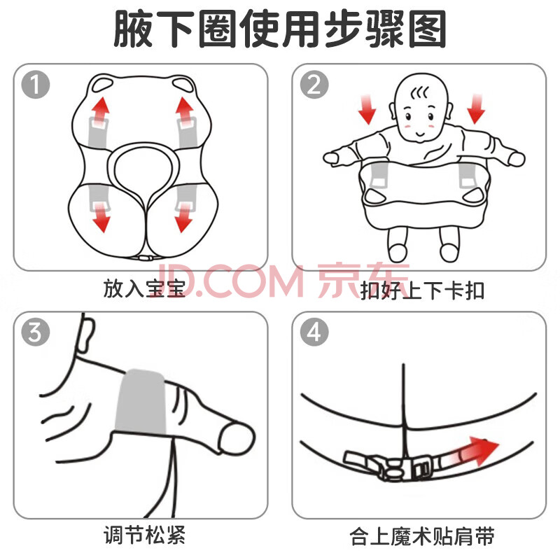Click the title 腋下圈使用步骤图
click(280, 29)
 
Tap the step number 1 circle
click(36, 85)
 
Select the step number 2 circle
click(314, 85)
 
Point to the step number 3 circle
click(36, 332)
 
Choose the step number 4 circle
click(314, 332)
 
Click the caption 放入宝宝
click(144, 288)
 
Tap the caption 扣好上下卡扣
click(422, 290)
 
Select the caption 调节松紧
click(144, 535)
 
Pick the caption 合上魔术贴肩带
click(422, 536)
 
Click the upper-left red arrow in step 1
click(101, 110)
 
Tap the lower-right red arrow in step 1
click(183, 218)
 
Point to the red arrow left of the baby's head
click(367, 109)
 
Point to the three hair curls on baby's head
click(419, 93)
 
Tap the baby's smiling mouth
click(421, 134)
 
